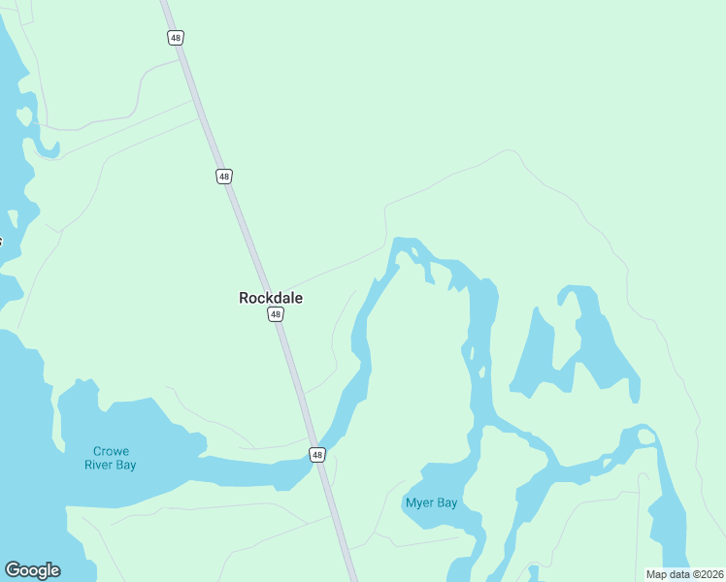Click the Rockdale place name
pyautogui.click(x=271, y=298)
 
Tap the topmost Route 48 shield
pyautogui.click(x=175, y=38)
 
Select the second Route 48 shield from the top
pyautogui.click(x=224, y=177)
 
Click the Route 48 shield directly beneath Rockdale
pyautogui.click(x=277, y=314)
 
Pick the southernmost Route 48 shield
pyautogui.click(x=317, y=454)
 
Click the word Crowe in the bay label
pyautogui.click(x=111, y=451)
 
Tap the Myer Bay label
pyautogui.click(x=430, y=502)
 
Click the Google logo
pyautogui.click(x=32, y=570)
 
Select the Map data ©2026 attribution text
pyautogui.click(x=684, y=574)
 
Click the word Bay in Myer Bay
pyautogui.click(x=446, y=502)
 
